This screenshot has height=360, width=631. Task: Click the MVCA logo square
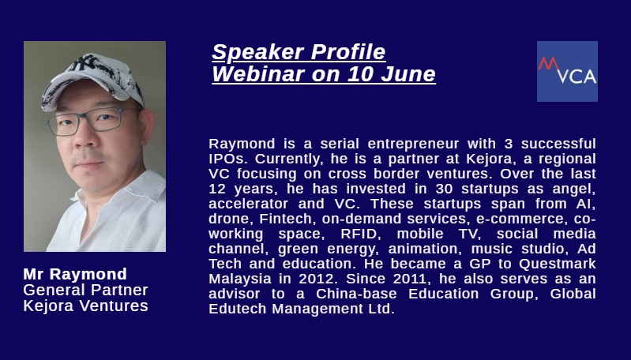[567, 71]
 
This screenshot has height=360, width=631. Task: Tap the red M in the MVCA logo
[549, 64]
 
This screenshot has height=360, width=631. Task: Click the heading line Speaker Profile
[299, 52]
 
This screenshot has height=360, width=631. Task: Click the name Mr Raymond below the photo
[75, 274]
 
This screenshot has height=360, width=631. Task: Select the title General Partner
[85, 290]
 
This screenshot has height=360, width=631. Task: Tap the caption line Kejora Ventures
[85, 306]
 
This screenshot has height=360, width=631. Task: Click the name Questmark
[557, 264]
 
